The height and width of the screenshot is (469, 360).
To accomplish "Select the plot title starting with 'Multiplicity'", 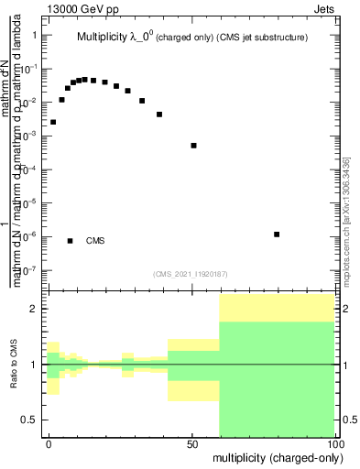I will point(191,38).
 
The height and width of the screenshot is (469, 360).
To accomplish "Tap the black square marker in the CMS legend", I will point(71,241).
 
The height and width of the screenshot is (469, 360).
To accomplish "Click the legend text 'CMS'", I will point(95,241).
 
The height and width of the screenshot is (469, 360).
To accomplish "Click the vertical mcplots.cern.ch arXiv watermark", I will point(346,220).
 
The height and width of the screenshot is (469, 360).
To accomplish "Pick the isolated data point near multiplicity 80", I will point(277,234).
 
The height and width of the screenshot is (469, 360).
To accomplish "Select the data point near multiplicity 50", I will point(193,146).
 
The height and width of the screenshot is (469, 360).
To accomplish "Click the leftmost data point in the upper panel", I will point(53,122).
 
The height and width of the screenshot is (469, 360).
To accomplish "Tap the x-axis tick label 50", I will point(192,442).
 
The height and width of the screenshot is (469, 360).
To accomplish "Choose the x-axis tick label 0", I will point(49,442).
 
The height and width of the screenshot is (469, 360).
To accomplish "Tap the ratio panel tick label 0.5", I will point(32,420).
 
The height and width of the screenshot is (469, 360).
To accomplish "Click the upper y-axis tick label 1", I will point(34,35).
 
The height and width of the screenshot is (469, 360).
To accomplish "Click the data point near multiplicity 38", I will point(159,115).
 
